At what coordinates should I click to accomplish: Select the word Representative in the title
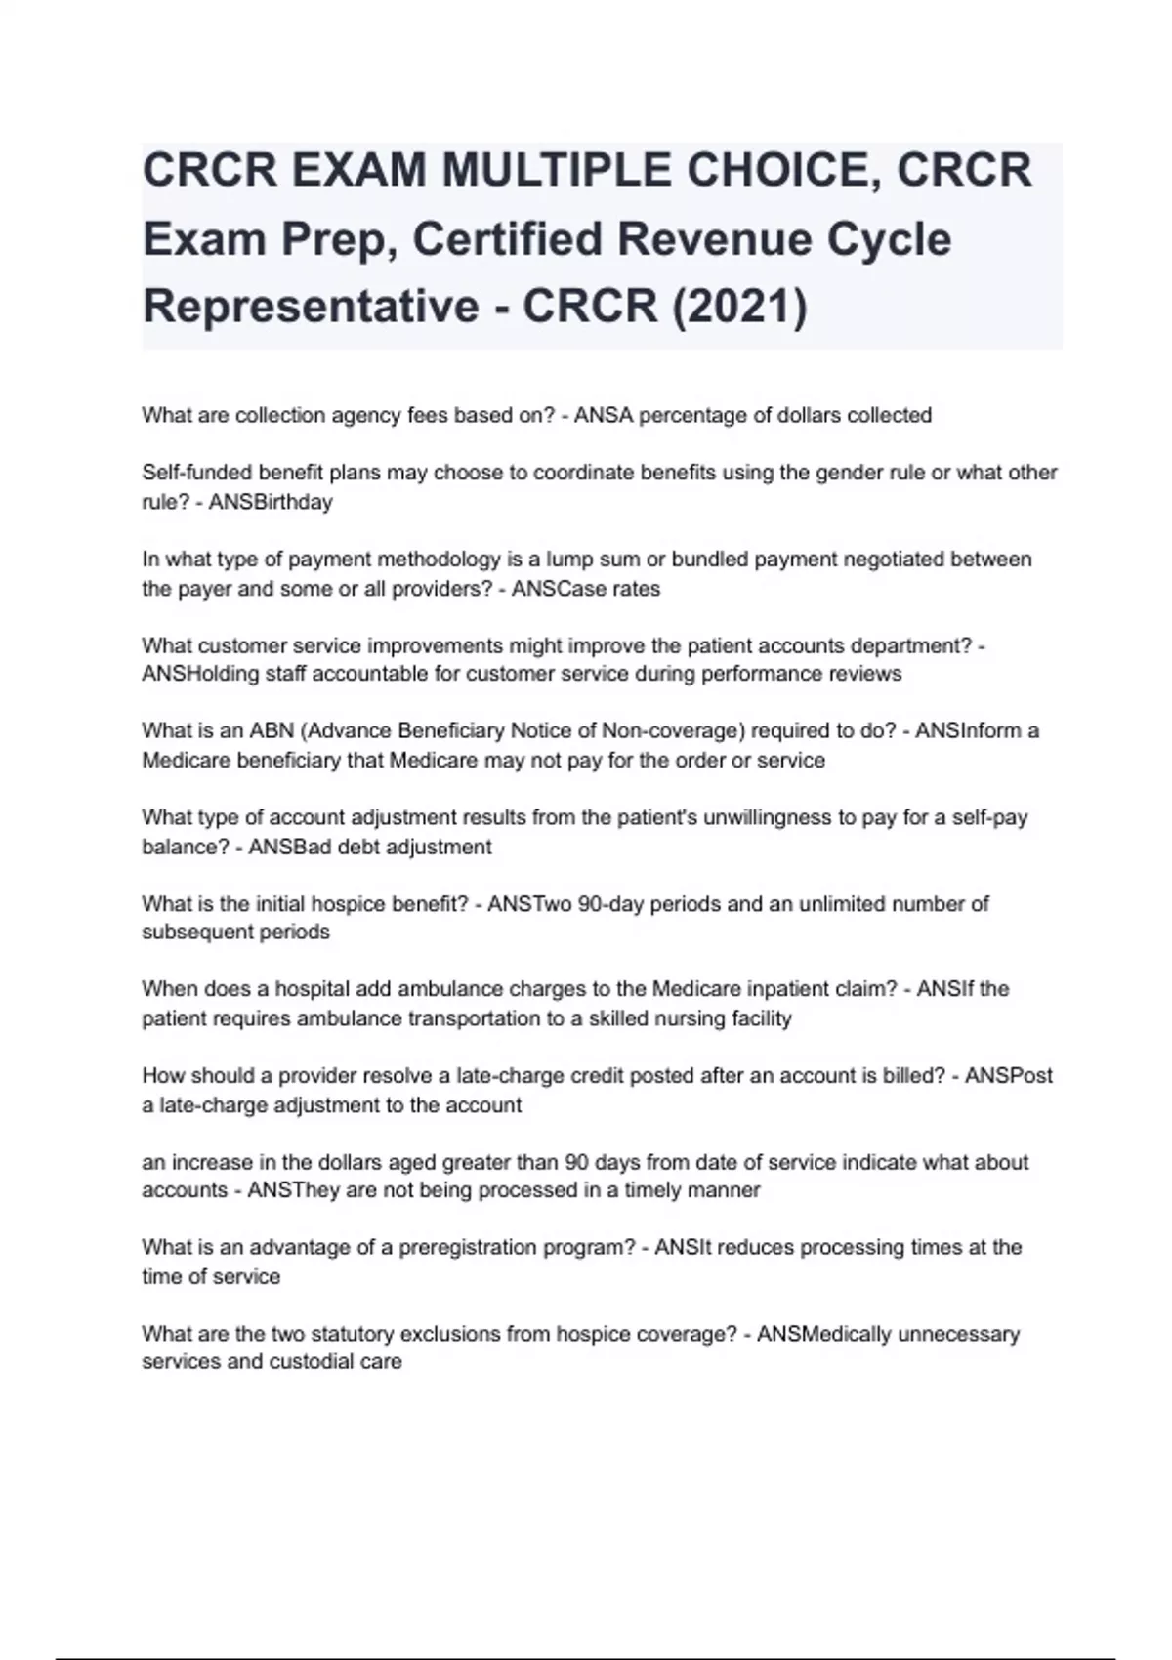tap(310, 306)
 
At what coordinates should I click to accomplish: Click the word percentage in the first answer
tap(693, 415)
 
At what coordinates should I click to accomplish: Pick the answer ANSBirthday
tap(271, 502)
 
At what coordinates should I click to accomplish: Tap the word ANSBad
tap(290, 847)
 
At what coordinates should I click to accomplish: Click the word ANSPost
tap(1009, 1076)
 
